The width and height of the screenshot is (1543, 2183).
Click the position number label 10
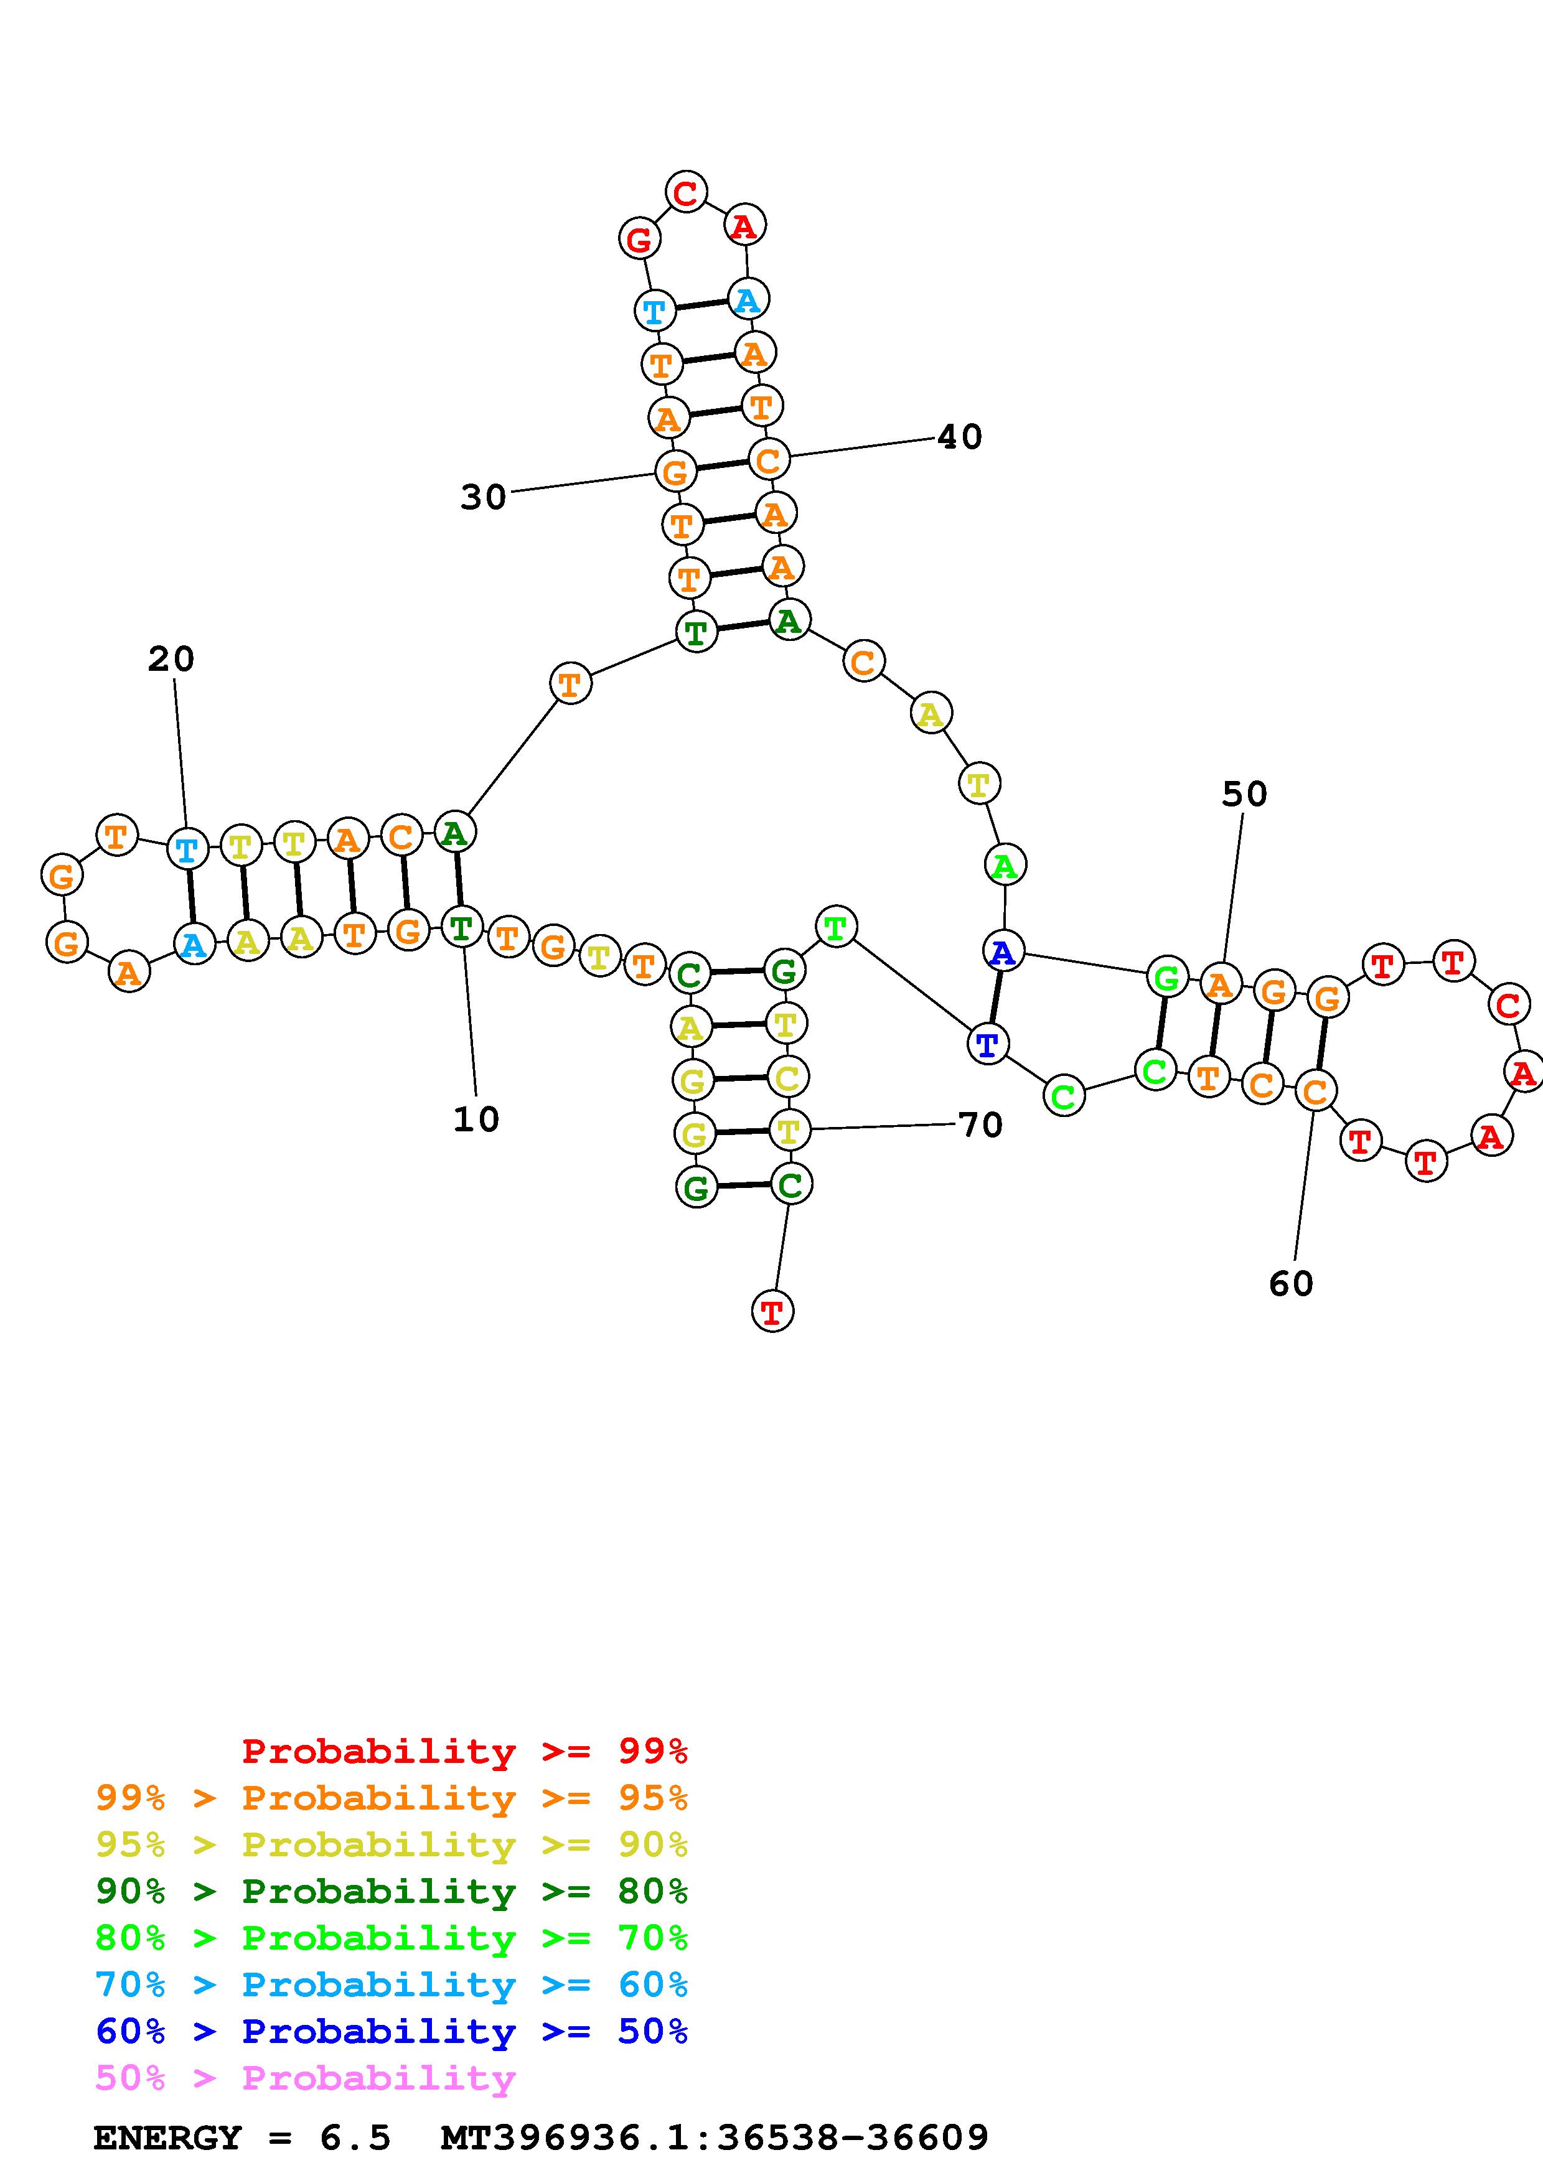click(476, 1119)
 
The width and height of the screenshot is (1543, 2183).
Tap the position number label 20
click(171, 659)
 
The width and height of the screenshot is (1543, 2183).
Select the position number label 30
click(483, 497)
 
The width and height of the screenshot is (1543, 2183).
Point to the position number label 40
click(959, 436)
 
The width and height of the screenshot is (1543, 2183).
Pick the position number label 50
click(1244, 794)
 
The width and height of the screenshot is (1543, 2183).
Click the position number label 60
click(1290, 1284)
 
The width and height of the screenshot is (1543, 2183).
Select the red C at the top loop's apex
click(685, 193)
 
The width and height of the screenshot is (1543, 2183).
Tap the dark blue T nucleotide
click(988, 1045)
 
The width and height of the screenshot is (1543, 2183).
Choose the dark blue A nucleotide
click(1003, 951)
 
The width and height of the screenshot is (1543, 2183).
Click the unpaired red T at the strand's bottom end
click(772, 1312)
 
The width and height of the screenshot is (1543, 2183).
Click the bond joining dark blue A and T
click(995, 998)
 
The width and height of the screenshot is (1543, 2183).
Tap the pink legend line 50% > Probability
click(305, 2078)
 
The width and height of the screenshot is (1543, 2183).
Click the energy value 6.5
click(355, 2138)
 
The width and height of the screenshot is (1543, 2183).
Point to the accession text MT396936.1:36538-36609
click(714, 2138)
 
